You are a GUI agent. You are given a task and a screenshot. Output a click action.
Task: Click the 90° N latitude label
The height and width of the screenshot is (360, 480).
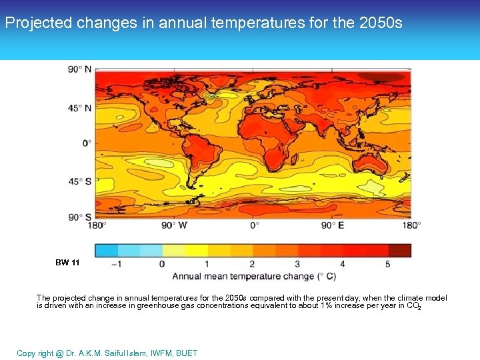(x=79, y=69)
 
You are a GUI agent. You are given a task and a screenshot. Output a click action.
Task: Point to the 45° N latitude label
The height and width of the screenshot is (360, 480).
(x=79, y=107)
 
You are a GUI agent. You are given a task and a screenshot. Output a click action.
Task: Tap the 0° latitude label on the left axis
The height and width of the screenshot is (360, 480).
(x=87, y=143)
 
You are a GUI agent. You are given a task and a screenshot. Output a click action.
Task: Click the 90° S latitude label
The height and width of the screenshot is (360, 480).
(x=79, y=217)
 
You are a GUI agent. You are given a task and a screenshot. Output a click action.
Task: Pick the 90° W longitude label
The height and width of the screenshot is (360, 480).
(x=175, y=226)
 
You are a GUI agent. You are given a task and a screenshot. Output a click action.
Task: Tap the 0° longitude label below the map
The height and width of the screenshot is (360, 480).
(x=255, y=226)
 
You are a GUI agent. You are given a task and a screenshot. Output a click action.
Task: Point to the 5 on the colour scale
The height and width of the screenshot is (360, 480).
(x=388, y=264)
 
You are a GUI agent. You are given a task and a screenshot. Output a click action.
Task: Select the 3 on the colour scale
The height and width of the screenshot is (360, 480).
(x=297, y=264)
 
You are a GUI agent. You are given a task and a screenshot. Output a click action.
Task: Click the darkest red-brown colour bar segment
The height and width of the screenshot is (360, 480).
(x=399, y=250)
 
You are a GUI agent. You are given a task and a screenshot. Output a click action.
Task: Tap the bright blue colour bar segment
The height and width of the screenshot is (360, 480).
(x=107, y=250)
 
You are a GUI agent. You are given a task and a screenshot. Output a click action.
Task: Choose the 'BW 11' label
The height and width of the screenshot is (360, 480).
(x=67, y=263)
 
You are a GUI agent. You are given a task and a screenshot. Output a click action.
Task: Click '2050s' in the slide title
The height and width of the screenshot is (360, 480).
(x=381, y=23)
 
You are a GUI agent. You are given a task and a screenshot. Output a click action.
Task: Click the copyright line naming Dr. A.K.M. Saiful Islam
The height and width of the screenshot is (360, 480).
(x=107, y=353)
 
